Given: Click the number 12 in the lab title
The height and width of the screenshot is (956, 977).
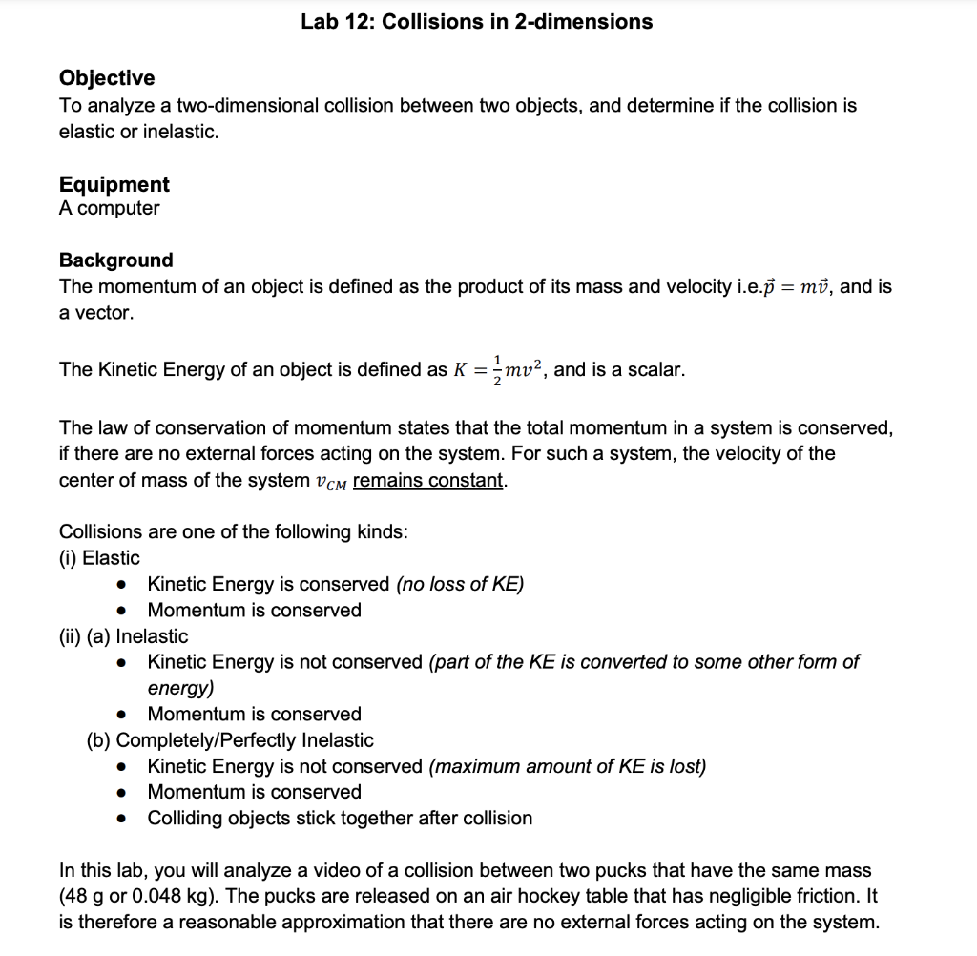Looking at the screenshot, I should pyautogui.click(x=356, y=22).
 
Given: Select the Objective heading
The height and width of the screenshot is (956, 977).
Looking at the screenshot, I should pyautogui.click(x=107, y=77).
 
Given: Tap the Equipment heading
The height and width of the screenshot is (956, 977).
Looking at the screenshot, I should pyautogui.click(x=114, y=184).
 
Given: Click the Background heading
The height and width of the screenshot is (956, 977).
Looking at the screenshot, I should pyautogui.click(x=116, y=260).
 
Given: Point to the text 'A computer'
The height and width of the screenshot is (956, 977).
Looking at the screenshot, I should pyautogui.click(x=110, y=208).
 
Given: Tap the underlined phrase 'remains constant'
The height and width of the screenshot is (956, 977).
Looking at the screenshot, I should pyautogui.click(x=427, y=480).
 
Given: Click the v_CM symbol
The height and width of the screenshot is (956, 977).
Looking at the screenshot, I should pyautogui.click(x=331, y=481).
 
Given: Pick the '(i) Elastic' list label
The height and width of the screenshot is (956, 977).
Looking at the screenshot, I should pyautogui.click(x=99, y=558).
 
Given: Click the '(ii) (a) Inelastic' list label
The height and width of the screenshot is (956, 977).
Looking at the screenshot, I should pyautogui.click(x=124, y=636).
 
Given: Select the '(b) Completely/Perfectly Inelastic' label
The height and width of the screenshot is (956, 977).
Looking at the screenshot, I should pyautogui.click(x=230, y=740).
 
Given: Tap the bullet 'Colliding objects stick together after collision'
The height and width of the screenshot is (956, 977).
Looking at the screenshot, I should pyautogui.click(x=340, y=818).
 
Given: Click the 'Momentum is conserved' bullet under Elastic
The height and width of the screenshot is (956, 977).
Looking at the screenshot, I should pyautogui.click(x=255, y=610).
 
